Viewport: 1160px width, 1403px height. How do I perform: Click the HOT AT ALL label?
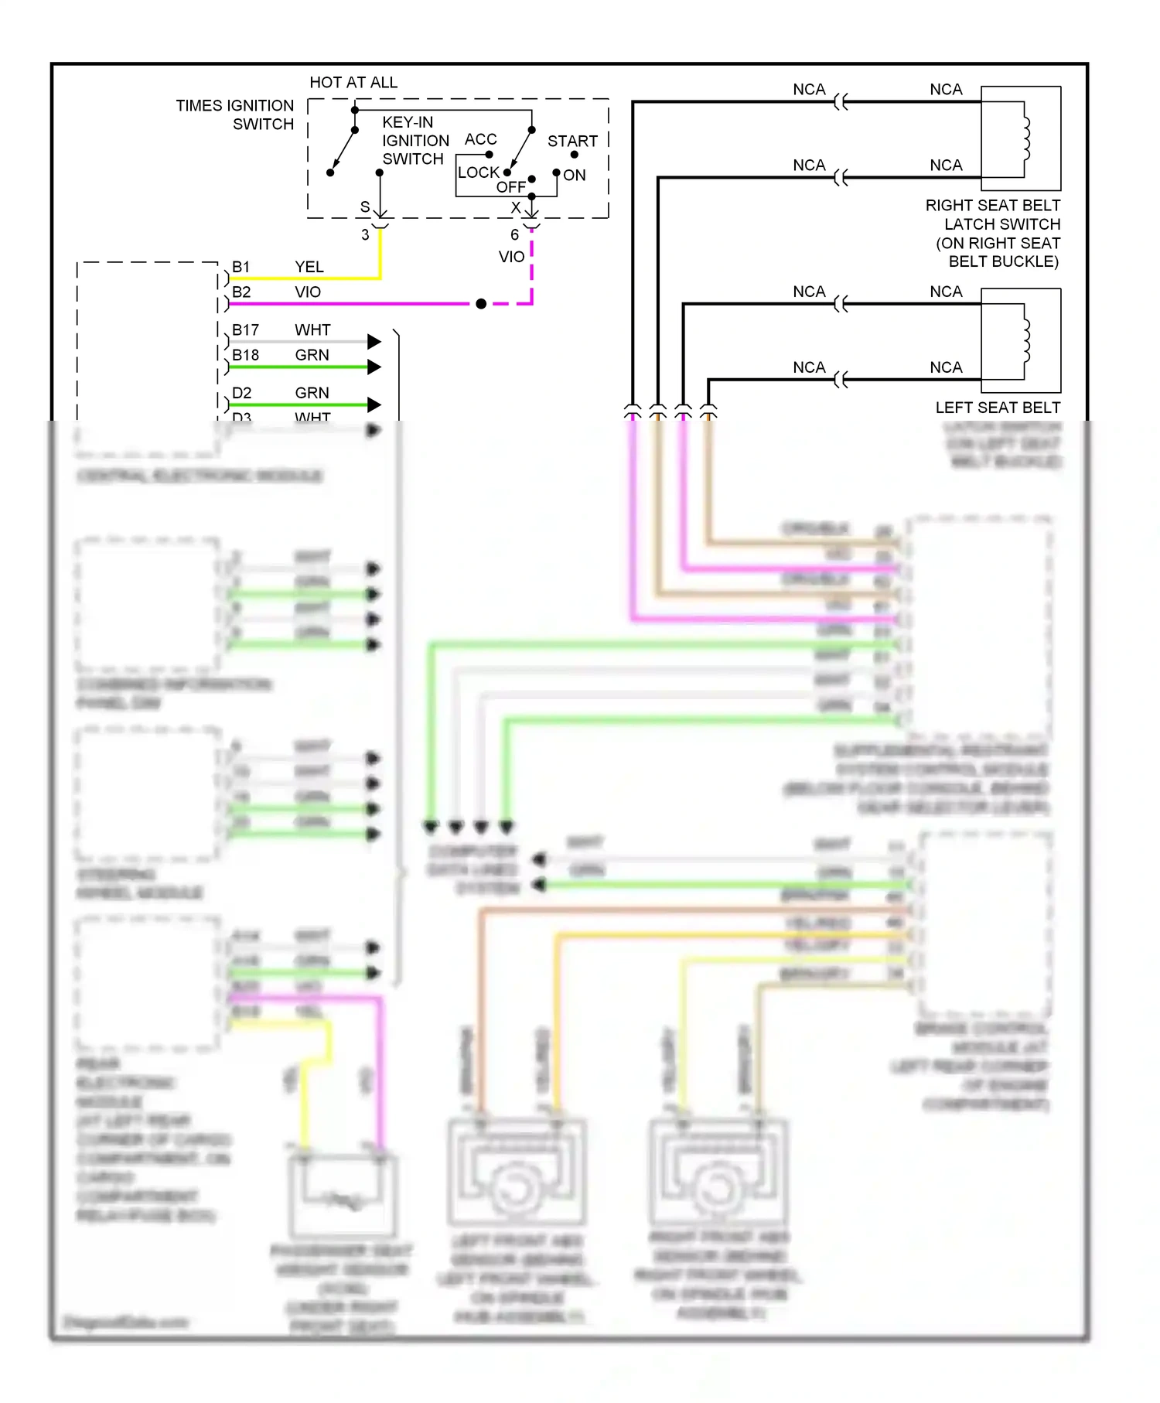click(353, 83)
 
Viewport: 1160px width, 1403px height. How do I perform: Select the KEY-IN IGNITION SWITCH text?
click(415, 141)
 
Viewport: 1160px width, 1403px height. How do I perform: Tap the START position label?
click(572, 142)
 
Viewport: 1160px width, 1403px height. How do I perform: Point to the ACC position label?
click(480, 139)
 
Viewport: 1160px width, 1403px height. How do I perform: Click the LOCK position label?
click(478, 172)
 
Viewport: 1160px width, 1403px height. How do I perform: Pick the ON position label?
click(575, 176)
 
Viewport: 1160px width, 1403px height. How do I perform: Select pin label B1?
click(241, 267)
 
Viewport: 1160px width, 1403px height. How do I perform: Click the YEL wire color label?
click(309, 267)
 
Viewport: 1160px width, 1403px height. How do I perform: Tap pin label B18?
click(245, 355)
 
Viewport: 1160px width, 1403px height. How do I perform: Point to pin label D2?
click(241, 393)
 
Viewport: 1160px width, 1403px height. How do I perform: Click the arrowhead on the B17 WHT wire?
click(374, 341)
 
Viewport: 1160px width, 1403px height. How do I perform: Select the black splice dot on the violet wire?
click(481, 304)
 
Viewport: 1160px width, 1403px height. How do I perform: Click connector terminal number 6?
click(514, 235)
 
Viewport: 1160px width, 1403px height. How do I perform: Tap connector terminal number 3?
click(365, 235)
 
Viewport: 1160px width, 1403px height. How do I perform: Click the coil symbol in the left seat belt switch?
click(1026, 341)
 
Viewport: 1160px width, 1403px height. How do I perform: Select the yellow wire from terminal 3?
click(380, 255)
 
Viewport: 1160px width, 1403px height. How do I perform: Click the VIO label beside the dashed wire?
click(511, 257)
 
